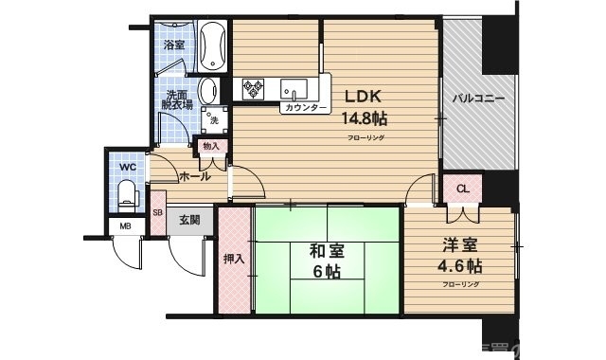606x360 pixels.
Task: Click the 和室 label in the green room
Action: pyautogui.click(x=327, y=252)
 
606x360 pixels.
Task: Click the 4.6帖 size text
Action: pyautogui.click(x=459, y=265)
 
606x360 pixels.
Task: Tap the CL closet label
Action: pyautogui.click(x=462, y=189)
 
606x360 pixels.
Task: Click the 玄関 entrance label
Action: pyautogui.click(x=188, y=220)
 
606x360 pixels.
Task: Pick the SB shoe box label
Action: pyautogui.click(x=157, y=213)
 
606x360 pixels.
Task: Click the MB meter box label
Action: pyautogui.click(x=125, y=225)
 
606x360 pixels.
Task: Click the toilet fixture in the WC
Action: pyautogui.click(x=127, y=195)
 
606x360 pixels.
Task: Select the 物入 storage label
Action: pyautogui.click(x=210, y=146)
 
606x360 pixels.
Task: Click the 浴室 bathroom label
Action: pyautogui.click(x=174, y=45)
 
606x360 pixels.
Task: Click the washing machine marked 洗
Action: pyautogui.click(x=214, y=119)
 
